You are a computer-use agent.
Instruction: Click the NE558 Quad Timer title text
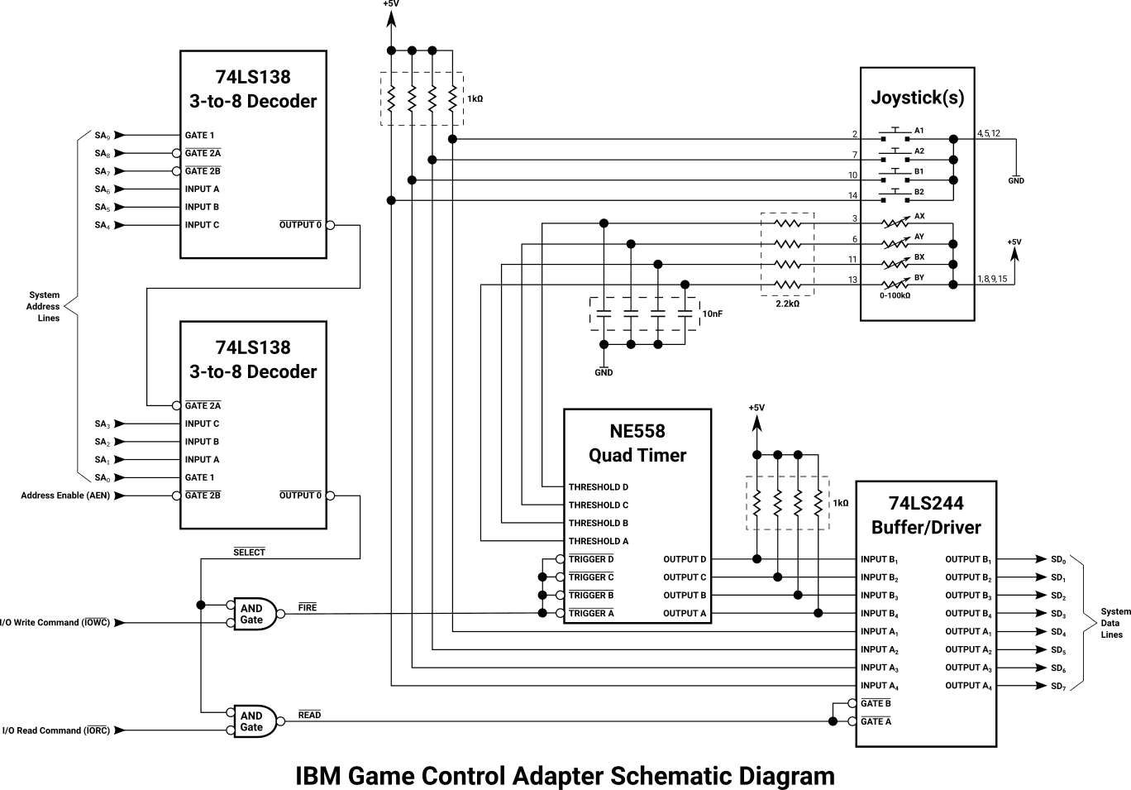637,443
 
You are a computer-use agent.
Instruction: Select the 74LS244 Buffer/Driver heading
926,515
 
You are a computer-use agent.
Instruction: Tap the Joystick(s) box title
917,98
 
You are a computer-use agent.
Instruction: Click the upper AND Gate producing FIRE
253,614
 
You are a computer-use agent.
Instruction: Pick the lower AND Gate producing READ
253,721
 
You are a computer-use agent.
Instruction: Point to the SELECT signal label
249,552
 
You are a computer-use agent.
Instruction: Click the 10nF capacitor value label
712,314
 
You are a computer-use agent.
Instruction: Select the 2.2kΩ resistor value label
787,304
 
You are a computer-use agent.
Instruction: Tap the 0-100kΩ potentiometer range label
895,295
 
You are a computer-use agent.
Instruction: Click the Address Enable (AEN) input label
64,496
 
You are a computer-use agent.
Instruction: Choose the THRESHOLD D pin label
598,487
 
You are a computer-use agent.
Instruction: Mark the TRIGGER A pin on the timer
591,613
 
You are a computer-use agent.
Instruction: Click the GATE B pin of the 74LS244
876,703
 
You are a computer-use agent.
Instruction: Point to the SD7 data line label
1058,686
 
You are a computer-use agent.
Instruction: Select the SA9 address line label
102,136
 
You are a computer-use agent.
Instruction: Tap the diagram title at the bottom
565,776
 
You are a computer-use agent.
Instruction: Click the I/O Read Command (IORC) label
55,730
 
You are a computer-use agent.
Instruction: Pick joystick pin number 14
852,196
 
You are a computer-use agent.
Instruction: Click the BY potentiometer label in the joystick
919,278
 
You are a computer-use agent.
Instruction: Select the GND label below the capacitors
604,373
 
